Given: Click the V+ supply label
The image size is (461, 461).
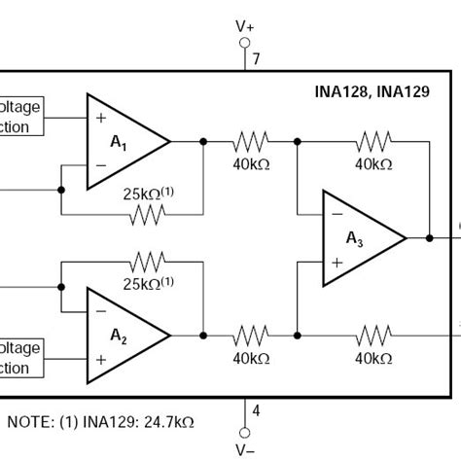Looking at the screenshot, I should click(x=244, y=29).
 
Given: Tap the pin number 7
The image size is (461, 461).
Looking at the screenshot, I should click(x=257, y=59).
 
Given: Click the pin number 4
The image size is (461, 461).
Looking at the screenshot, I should click(x=256, y=411).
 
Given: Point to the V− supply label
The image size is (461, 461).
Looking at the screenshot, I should click(x=244, y=450).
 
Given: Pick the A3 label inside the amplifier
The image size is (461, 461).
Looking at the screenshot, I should click(x=355, y=238).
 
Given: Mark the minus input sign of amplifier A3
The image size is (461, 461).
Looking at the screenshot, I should click(x=336, y=213).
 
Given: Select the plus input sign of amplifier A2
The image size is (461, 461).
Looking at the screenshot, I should click(x=99, y=359).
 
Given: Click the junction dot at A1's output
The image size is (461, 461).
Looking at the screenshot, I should click(x=203, y=141).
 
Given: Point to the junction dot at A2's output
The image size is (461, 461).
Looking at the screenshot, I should click(x=203, y=335).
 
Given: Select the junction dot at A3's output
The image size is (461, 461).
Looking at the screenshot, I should click(x=428, y=237).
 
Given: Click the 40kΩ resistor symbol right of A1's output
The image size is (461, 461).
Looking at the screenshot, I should click(x=250, y=141).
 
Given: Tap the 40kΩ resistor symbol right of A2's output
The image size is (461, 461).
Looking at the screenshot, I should click(x=250, y=335).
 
